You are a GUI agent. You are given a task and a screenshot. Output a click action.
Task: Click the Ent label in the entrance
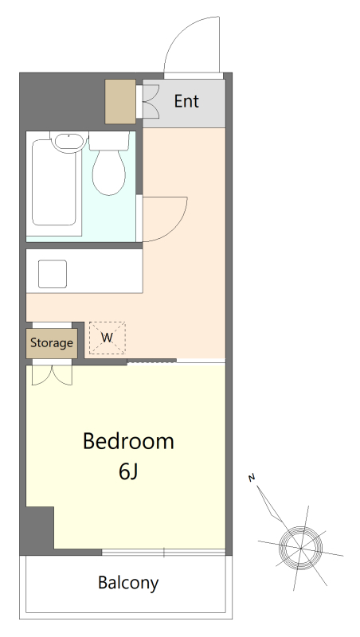[186, 101]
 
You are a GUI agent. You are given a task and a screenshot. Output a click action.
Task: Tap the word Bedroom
[128, 441]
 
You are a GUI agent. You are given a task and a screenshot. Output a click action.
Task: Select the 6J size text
[128, 471]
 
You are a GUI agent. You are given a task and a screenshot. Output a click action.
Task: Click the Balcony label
[128, 583]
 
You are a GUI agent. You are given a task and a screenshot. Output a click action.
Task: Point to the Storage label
[52, 343]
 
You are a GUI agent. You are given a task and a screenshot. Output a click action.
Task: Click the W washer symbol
[108, 338]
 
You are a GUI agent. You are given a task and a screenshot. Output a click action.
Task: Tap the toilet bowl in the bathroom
[108, 172]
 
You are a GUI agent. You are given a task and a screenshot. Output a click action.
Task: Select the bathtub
[54, 182]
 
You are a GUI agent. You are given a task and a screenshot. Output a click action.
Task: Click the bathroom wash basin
[68, 143]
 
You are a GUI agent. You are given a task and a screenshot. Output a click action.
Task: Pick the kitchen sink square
[53, 274]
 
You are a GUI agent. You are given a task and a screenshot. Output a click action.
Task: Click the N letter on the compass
[252, 478]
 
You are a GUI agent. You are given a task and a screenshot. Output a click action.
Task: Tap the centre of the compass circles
[301, 548]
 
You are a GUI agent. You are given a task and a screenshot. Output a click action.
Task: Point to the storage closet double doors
[52, 375]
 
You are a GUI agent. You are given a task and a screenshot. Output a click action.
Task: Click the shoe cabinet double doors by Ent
[151, 102]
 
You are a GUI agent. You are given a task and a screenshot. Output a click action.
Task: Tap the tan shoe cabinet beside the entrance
[120, 102]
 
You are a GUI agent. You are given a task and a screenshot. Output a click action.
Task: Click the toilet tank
[109, 141]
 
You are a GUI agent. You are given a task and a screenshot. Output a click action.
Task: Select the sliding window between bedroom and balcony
[163, 552]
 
